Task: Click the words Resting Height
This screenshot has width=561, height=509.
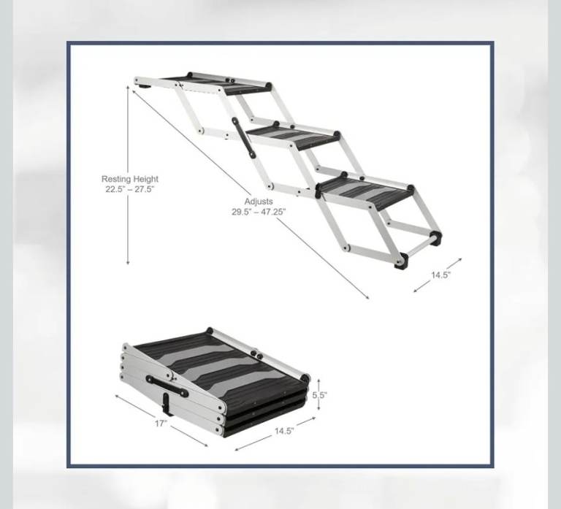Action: [x=129, y=179]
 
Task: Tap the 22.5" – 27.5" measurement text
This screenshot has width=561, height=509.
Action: [x=129, y=189]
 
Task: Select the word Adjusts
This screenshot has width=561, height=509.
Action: [x=259, y=202]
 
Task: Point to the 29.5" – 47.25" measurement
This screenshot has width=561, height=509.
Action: [x=259, y=212]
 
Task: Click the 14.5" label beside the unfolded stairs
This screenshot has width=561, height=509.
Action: [x=440, y=275]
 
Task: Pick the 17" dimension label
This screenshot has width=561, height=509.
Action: [x=161, y=424]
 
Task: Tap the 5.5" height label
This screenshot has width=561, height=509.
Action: [x=319, y=395]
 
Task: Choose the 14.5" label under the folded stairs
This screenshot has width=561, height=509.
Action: [x=284, y=431]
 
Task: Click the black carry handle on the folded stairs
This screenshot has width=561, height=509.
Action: [x=167, y=386]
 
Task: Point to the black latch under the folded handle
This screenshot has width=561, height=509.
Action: [x=167, y=405]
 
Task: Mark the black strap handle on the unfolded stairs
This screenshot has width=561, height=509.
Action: [x=243, y=137]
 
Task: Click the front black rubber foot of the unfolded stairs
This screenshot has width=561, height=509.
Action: [x=401, y=261]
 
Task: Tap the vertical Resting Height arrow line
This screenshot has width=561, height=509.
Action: [x=128, y=175]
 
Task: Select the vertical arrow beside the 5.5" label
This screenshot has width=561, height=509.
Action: [x=318, y=395]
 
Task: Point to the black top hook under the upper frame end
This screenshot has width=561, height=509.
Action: [x=144, y=86]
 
